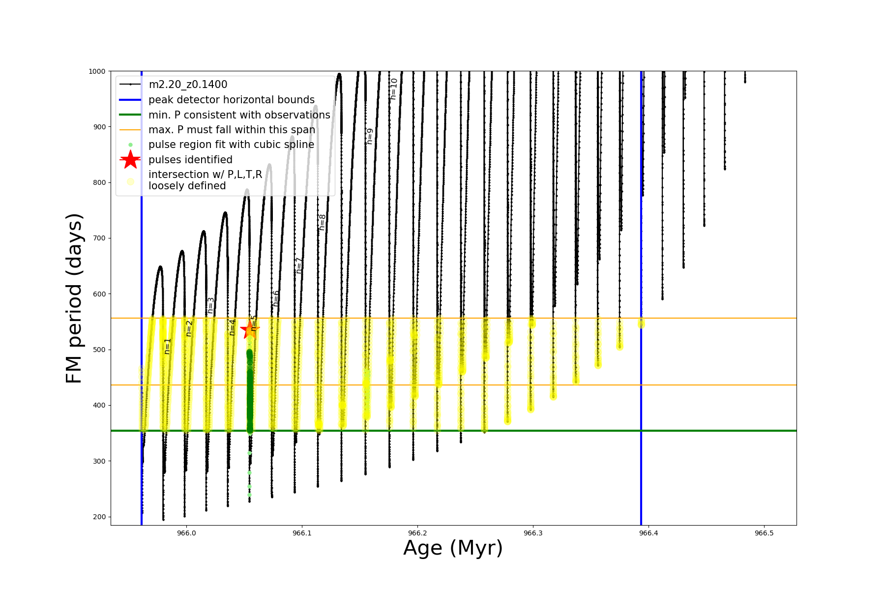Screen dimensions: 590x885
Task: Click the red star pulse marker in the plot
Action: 249,329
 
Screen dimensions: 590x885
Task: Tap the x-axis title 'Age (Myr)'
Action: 453,548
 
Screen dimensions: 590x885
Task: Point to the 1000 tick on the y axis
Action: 97,71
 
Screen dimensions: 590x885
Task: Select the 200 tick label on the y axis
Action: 99,517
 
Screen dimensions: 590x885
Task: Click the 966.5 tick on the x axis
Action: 764,533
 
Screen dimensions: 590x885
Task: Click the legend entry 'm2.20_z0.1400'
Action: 188,85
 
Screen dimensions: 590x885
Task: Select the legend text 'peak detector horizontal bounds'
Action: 231,100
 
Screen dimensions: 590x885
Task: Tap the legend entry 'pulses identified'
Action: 190,160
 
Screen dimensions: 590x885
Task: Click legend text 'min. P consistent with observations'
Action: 239,115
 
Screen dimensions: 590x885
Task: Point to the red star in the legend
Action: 130,160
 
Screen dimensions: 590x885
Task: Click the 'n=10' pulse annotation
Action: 393,89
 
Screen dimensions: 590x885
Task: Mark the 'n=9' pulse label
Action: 370,136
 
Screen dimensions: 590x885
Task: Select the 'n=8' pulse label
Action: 322,222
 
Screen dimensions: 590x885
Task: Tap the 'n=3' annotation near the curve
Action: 210,305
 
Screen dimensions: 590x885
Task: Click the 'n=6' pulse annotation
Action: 276,298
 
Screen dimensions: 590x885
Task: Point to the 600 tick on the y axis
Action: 99,294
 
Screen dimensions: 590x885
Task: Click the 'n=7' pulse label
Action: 299,265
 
